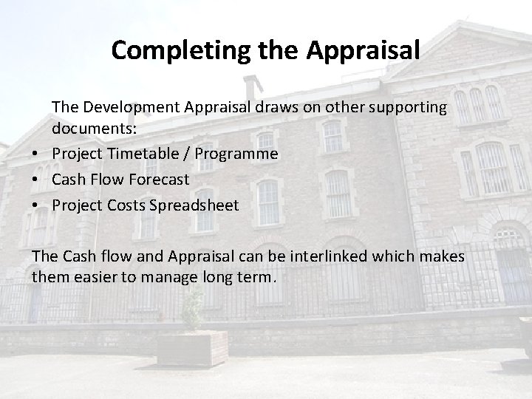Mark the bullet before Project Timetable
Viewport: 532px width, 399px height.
click(x=36, y=154)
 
